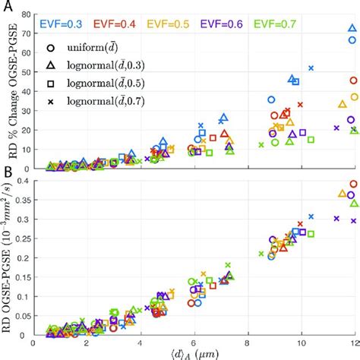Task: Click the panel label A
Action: coord(6,6)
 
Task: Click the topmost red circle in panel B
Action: coord(352,184)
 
